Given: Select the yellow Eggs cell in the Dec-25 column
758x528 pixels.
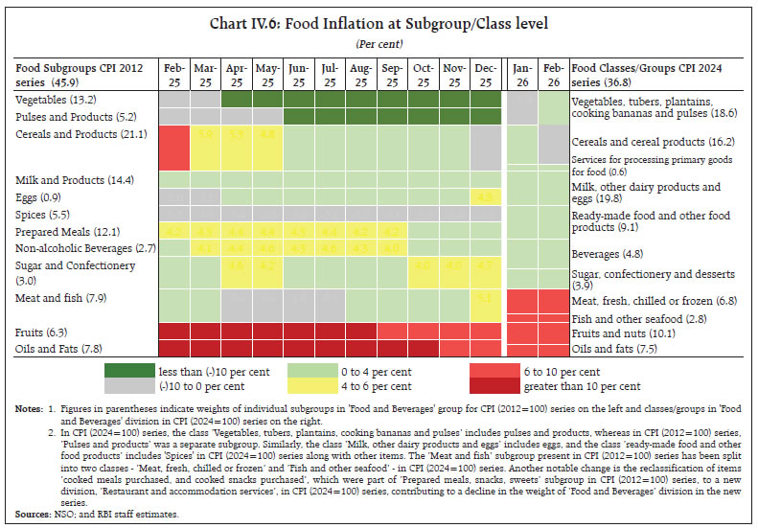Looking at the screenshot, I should coord(486,196).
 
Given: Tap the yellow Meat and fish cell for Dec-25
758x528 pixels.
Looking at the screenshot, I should coord(486,298).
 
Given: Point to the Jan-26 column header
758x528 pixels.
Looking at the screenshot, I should coord(520,75).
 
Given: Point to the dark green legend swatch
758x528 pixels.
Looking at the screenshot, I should coord(187,372).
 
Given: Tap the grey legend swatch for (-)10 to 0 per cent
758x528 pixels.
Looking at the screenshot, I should coord(187,387).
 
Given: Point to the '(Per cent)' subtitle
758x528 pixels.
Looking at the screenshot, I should coord(378,44).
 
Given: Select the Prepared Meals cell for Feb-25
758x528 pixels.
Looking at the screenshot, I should coord(173,231).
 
